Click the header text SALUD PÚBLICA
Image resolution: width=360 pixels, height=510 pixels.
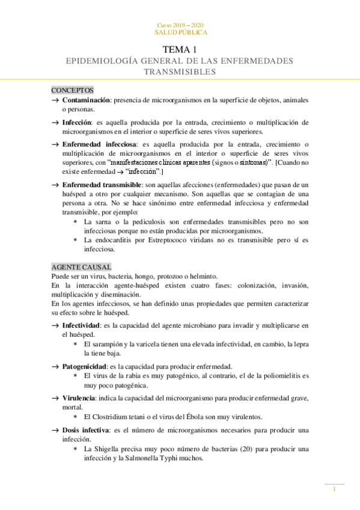pos(180,32)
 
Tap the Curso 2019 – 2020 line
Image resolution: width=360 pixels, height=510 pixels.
pos(180,25)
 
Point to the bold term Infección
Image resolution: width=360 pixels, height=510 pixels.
pos(76,122)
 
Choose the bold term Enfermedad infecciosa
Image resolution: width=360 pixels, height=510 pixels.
pos(99,144)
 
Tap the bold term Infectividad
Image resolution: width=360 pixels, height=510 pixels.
pos(82,325)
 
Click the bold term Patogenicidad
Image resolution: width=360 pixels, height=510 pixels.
pos(84,366)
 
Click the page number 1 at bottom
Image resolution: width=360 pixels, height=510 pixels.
pos(335,490)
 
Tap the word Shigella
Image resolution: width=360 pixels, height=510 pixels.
pos(110,449)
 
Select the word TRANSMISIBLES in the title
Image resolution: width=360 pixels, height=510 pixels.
pos(180,72)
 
